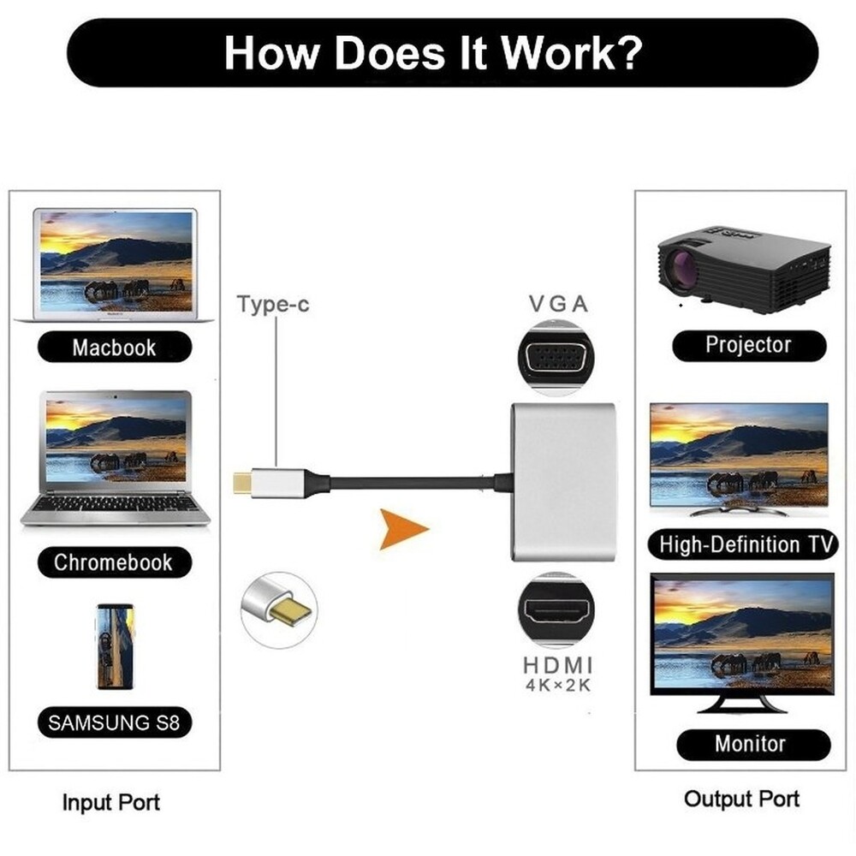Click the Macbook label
(x=114, y=348)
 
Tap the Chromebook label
(x=113, y=562)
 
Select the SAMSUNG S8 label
(x=114, y=722)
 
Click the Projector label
(x=748, y=345)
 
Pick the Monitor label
(x=750, y=743)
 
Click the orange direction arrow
(x=402, y=529)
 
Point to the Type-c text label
(x=273, y=305)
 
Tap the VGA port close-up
(x=556, y=358)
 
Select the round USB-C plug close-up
(x=279, y=609)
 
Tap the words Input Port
(x=110, y=803)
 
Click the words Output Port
(x=741, y=799)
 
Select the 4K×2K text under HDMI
(x=556, y=687)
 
